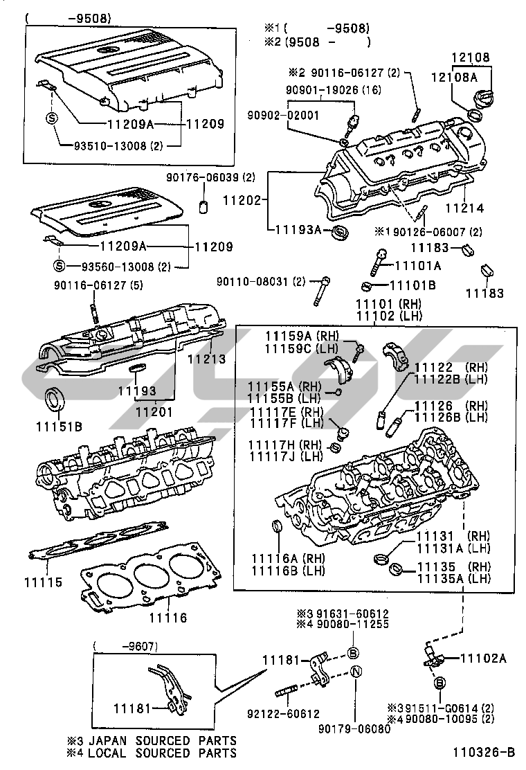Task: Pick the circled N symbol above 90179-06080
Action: (353, 671)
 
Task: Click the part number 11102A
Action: (483, 659)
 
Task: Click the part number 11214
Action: (464, 207)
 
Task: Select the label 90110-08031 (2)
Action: (260, 282)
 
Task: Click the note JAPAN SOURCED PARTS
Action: (161, 740)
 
